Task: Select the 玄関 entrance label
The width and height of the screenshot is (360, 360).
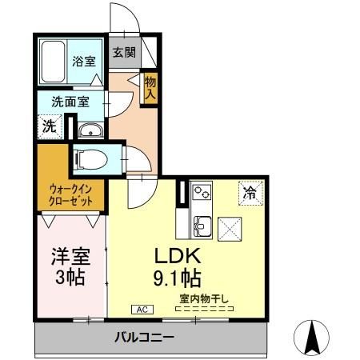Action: pyautogui.click(x=123, y=54)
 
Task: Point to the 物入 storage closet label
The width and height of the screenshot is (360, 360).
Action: pyautogui.click(x=150, y=87)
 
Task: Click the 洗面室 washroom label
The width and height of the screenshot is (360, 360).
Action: pyautogui.click(x=70, y=102)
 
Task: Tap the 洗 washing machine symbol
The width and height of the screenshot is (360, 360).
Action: pyautogui.click(x=50, y=126)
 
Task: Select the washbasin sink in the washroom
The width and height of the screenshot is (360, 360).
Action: pyautogui.click(x=89, y=132)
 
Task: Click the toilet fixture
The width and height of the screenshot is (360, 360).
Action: pyautogui.click(x=87, y=158)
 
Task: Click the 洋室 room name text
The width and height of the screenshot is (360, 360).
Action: pyautogui.click(x=70, y=258)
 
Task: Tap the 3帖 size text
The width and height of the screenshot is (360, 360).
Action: pyautogui.click(x=70, y=280)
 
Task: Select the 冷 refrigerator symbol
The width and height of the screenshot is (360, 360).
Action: pyautogui.click(x=250, y=193)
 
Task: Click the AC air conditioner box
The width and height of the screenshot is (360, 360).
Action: pyautogui.click(x=141, y=309)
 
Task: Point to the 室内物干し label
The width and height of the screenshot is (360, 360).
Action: pyautogui.click(x=203, y=300)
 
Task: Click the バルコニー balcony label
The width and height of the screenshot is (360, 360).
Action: pyautogui.click(x=143, y=337)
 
